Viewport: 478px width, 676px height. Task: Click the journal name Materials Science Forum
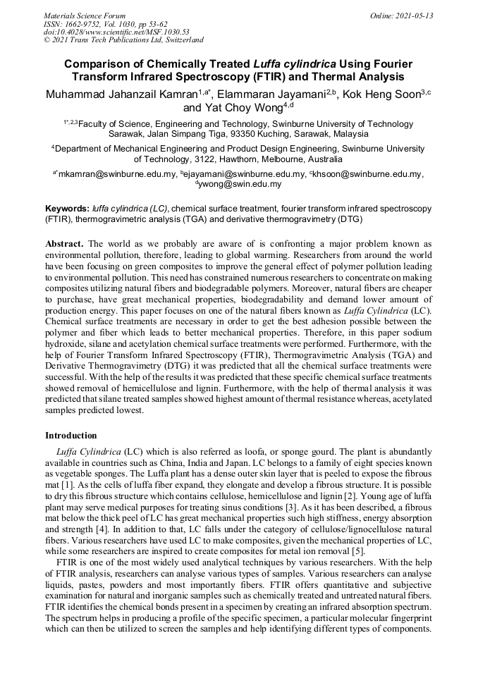click(85, 16)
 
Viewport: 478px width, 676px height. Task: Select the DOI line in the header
click(116, 32)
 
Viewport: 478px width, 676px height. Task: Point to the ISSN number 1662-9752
click(92, 24)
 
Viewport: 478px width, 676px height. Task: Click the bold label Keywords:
click(67, 209)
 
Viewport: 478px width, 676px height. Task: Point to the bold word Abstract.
click(64, 243)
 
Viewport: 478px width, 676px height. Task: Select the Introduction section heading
click(71, 435)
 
